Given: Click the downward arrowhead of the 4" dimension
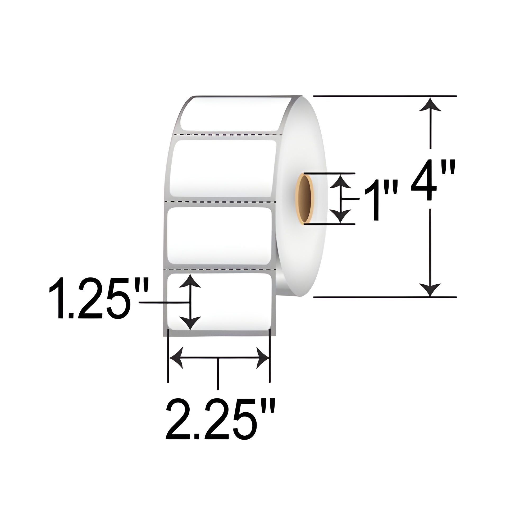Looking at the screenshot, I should pos(430,289).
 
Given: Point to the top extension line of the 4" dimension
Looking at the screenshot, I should pos(383,96).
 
